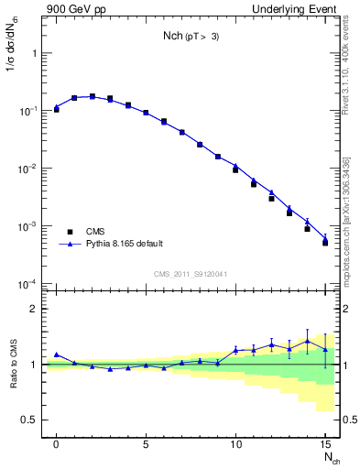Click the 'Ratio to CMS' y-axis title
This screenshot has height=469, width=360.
click(x=13, y=364)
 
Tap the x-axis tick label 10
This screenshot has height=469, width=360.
click(x=235, y=443)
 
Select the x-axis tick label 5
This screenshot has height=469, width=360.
click(x=146, y=443)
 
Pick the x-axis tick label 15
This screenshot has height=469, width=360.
click(x=324, y=443)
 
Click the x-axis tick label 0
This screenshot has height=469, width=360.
click(x=57, y=443)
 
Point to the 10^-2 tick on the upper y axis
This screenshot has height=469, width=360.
click(x=30, y=169)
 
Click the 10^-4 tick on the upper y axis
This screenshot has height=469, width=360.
click(x=30, y=284)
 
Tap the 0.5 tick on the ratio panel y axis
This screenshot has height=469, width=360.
click(x=29, y=420)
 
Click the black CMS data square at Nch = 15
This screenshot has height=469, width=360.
click(x=325, y=243)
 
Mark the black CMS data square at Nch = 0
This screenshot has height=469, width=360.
click(x=57, y=108)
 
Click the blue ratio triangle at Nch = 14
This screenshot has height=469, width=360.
click(x=307, y=341)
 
